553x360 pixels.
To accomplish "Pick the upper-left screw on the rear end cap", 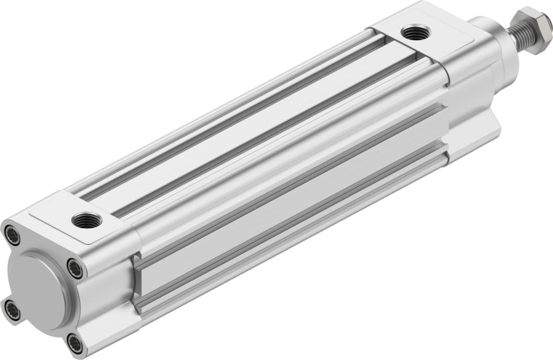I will tap(13, 235).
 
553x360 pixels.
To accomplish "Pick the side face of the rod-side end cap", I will tap(471, 105).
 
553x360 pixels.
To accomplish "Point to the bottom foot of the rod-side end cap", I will tap(471, 141).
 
